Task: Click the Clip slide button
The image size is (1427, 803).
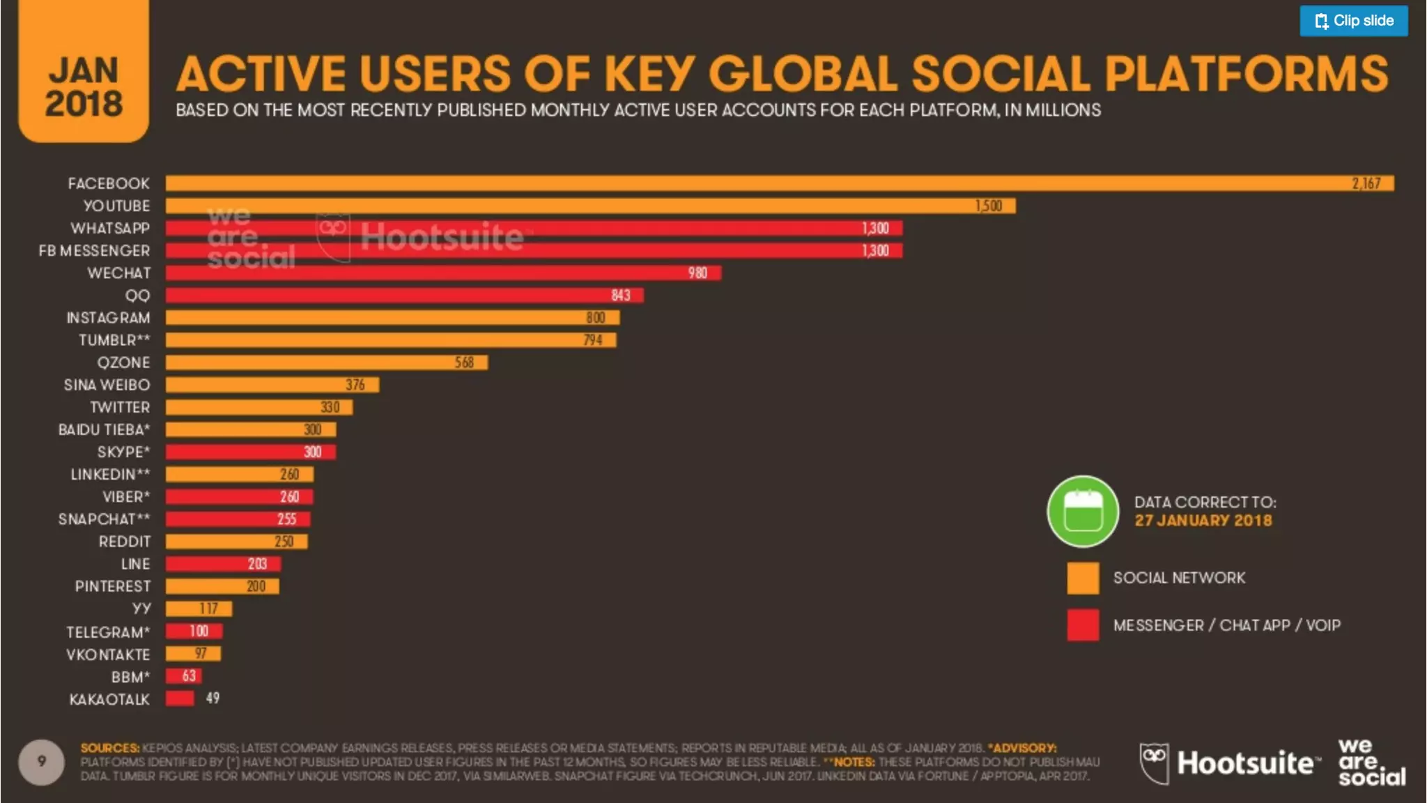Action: tap(1353, 21)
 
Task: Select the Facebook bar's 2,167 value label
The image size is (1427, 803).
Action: tap(1366, 183)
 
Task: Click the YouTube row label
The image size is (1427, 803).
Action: tap(116, 206)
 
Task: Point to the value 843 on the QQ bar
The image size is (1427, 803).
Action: tap(620, 296)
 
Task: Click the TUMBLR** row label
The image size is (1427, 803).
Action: tap(114, 340)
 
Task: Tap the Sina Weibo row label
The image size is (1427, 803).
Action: tap(107, 385)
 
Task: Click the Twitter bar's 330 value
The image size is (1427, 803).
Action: tap(330, 407)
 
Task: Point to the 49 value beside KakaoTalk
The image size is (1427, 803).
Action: tap(213, 698)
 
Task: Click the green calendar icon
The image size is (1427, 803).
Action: tap(1083, 511)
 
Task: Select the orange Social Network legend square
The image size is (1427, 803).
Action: tap(1083, 578)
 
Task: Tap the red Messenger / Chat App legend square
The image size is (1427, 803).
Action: tap(1083, 625)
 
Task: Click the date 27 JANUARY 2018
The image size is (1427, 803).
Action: tap(1203, 521)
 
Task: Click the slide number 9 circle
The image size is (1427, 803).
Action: tap(42, 761)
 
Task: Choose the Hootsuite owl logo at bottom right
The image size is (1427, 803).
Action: tap(1155, 762)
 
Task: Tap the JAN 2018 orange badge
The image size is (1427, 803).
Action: tap(84, 80)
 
